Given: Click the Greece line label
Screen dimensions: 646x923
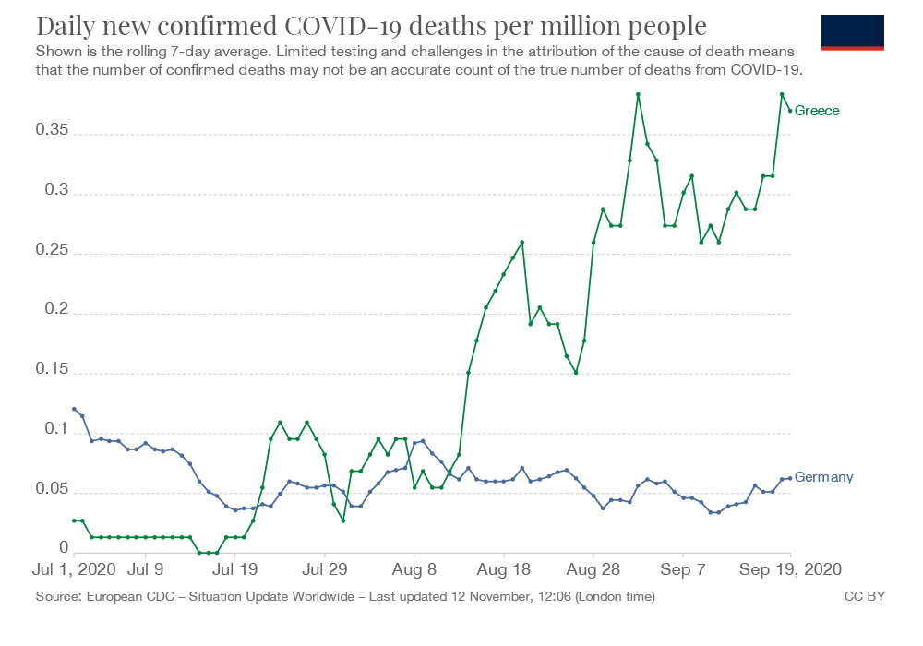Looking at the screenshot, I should pyautogui.click(x=817, y=111).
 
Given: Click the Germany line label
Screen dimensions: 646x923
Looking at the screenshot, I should pyautogui.click(x=823, y=477).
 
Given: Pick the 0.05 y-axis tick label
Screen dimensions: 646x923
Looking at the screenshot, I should pyautogui.click(x=52, y=492).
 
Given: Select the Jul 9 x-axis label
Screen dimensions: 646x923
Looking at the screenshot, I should pyautogui.click(x=147, y=571).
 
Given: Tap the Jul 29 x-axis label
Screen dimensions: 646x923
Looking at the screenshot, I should pyautogui.click(x=326, y=571).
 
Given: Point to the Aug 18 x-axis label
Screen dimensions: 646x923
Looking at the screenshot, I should pyautogui.click(x=505, y=571).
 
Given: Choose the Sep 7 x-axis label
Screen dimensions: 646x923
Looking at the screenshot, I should pyautogui.click(x=685, y=571).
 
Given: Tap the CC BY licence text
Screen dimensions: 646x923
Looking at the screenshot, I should pyautogui.click(x=865, y=597).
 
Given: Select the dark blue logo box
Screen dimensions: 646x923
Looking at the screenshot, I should pyautogui.click(x=852, y=32).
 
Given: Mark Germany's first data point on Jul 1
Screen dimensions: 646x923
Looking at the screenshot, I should pyautogui.click(x=74, y=409).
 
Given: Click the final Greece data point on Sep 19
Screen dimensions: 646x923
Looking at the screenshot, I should pyautogui.click(x=791, y=111).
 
